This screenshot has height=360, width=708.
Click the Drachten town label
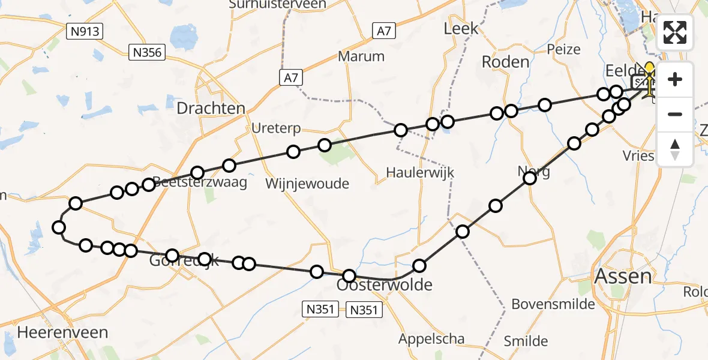(211, 109)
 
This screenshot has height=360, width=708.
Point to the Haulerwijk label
(420, 173)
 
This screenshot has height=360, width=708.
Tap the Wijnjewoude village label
(307, 184)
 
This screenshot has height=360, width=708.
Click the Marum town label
(361, 56)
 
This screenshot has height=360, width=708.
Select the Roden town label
(506, 62)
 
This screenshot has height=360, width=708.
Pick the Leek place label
(461, 28)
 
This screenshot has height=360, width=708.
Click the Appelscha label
(432, 338)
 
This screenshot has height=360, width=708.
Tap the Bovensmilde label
(553, 304)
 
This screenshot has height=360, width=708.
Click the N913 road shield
(85, 31)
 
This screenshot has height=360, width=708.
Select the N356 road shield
(147, 53)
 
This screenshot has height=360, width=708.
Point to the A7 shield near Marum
(383, 31)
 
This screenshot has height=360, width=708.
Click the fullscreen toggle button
(675, 32)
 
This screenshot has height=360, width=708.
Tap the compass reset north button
(675, 149)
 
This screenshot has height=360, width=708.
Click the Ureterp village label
(277, 129)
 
